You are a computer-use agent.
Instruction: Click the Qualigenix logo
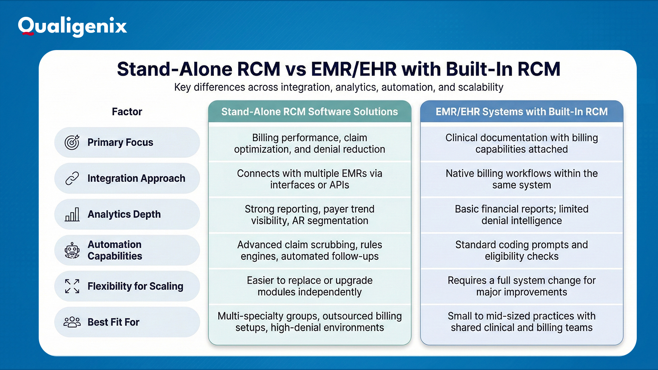[72, 26]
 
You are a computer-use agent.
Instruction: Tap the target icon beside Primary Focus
[72, 142]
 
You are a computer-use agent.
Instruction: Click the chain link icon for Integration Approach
[72, 178]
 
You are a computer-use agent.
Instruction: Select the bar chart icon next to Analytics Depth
[72, 214]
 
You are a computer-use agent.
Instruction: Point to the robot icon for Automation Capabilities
[72, 250]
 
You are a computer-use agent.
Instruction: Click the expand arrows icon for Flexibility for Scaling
[72, 286]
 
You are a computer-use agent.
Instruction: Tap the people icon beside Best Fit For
[72, 322]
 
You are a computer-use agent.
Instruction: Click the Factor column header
[127, 112]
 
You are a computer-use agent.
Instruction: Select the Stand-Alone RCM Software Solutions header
[309, 112]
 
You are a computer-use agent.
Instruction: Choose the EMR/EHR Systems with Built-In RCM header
[521, 112]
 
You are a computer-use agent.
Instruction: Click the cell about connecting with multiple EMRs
[309, 179]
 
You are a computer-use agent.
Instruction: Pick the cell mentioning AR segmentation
[309, 215]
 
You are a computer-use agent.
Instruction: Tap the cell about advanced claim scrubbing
[309, 250]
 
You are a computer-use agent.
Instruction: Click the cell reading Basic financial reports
[521, 215]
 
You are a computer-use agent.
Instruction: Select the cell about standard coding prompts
[521, 250]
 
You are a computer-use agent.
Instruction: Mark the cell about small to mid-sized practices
[521, 322]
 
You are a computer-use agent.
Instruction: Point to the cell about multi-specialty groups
[309, 322]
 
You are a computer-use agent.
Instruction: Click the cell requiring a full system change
[521, 286]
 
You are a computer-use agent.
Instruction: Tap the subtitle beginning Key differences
[338, 87]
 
